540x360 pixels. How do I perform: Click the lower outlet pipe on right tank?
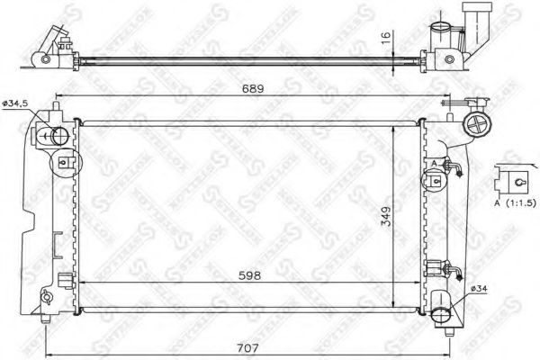443,311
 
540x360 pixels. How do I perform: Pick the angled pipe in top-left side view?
56,40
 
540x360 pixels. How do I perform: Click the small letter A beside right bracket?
435,163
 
